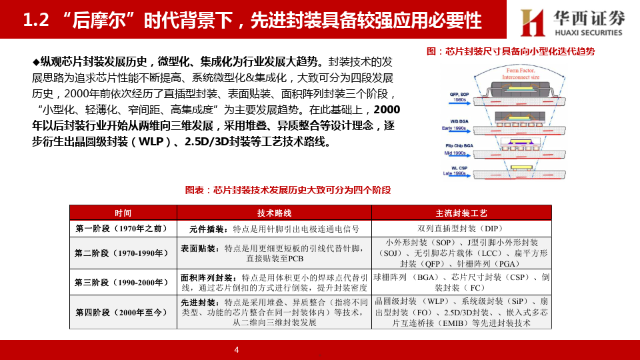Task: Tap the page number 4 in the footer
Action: pos(236,350)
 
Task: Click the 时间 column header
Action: pos(123,213)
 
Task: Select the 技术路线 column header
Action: pos(275,213)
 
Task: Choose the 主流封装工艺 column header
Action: pos(461,213)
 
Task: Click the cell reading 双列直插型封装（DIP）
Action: pos(461,229)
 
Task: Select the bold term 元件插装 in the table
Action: pos(201,229)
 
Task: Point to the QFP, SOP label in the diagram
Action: pos(459,93)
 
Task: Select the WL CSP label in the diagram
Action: pos(459,167)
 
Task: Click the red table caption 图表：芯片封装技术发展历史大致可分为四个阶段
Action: pos(288,190)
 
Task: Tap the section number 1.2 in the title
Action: pos(37,21)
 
